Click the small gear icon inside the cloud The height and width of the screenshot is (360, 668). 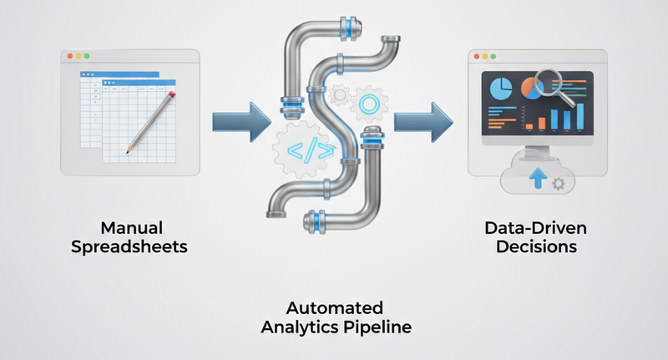(559, 183)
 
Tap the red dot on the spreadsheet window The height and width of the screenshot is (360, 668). (70, 56)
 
